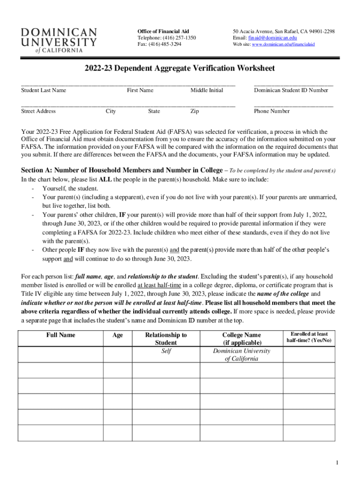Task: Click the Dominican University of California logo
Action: click(x=59, y=40)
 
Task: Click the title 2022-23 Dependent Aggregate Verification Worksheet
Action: click(x=180, y=68)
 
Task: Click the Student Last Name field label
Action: click(x=43, y=90)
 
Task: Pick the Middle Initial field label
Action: click(x=206, y=90)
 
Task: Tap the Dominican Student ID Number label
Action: click(x=291, y=90)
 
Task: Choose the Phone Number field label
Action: click(x=272, y=111)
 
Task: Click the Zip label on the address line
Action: click(x=194, y=111)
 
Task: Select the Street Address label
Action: click(x=38, y=111)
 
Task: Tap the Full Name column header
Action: click(x=60, y=335)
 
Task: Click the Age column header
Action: click(x=117, y=335)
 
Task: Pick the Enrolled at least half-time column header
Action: click(x=309, y=337)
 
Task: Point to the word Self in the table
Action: click(x=166, y=351)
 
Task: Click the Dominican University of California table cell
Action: click(x=241, y=355)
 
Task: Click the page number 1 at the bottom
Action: click(x=336, y=463)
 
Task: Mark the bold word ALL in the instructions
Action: click(x=106, y=179)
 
